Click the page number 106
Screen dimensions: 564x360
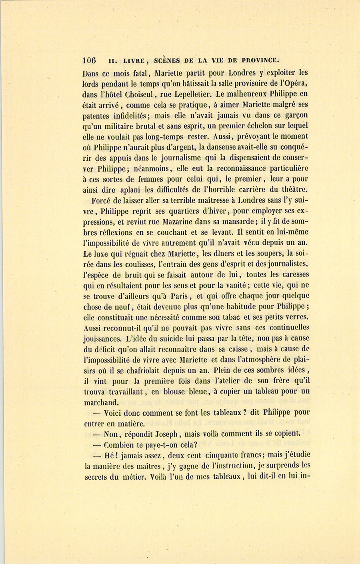90,61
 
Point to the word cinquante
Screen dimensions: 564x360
224,455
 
